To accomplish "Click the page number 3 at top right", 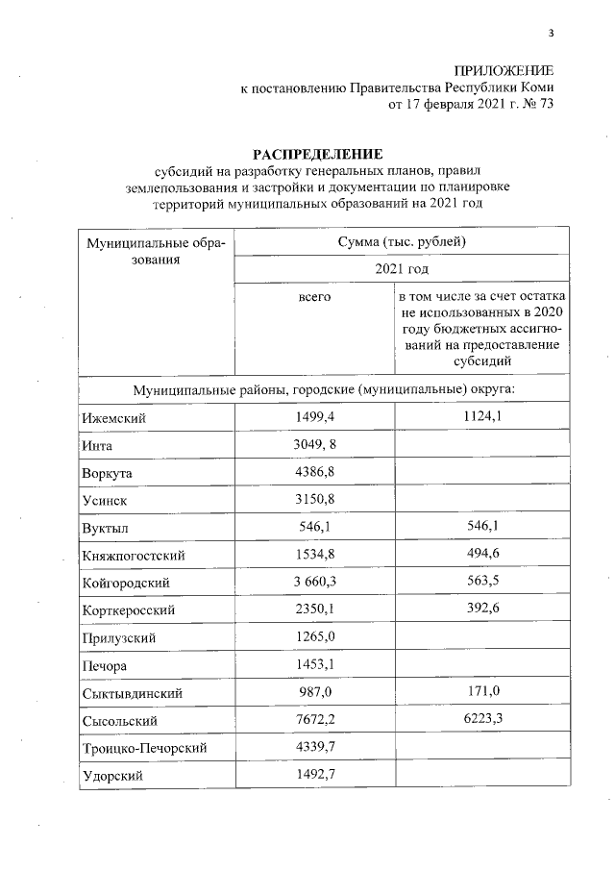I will point(551,34).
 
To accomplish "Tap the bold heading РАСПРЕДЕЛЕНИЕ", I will point(317,154).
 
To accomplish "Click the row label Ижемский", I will point(114,418).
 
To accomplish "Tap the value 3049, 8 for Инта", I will point(315,445).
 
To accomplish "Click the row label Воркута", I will point(109,473).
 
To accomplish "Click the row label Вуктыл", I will point(108,528).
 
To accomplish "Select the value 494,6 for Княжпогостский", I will point(479,555).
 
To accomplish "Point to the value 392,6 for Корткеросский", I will point(479,609).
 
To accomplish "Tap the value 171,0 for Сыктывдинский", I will point(479,691).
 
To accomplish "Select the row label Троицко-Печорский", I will point(147,747).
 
